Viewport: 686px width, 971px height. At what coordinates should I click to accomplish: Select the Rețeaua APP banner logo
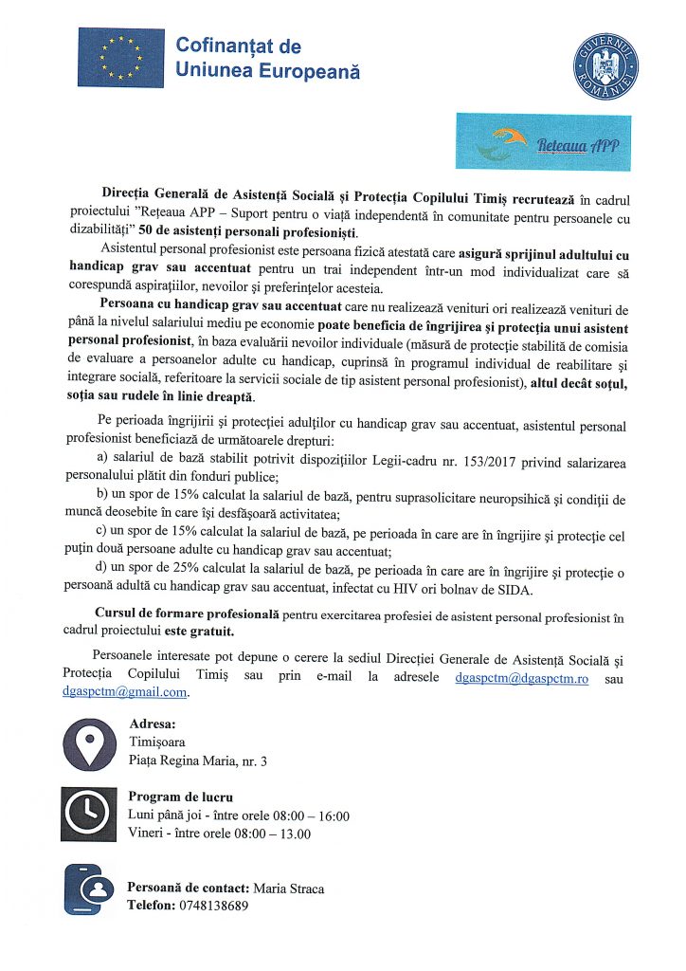coord(543,142)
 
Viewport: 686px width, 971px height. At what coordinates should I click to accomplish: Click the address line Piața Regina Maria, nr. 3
coord(197,760)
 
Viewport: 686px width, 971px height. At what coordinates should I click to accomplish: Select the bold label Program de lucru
coord(180,797)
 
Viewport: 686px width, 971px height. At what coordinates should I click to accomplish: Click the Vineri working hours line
coord(219,834)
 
